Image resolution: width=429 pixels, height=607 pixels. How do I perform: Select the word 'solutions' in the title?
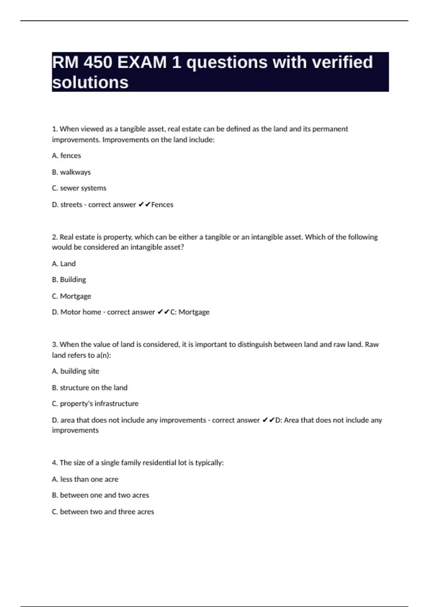pos(90,82)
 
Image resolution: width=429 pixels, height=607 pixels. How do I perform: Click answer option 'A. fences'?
pos(66,156)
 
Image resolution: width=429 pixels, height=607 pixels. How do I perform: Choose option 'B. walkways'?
pos(71,172)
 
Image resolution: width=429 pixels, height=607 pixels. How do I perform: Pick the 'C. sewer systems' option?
pos(79,188)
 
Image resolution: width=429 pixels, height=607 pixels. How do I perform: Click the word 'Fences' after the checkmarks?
pos(162,205)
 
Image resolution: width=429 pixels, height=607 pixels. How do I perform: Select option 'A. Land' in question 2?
pos(64,264)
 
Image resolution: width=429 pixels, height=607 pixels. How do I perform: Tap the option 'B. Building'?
pos(69,280)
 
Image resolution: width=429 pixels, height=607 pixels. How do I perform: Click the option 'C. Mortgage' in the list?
pos(71,296)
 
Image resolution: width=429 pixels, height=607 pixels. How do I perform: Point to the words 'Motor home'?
pos(80,312)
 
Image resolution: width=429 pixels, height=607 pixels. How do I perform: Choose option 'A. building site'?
pos(75,371)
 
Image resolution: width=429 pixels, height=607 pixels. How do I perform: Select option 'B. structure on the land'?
pos(89,388)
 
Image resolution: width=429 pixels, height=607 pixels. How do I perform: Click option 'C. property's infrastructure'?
pos(95,403)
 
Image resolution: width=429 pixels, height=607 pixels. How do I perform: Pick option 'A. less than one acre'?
pos(85,479)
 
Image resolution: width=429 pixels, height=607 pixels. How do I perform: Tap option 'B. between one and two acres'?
pos(100,495)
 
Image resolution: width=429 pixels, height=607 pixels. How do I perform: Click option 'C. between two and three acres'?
pos(103,512)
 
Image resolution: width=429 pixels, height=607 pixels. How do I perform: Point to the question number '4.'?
pos(55,463)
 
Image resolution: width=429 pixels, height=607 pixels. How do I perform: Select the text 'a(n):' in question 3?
pos(104,355)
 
